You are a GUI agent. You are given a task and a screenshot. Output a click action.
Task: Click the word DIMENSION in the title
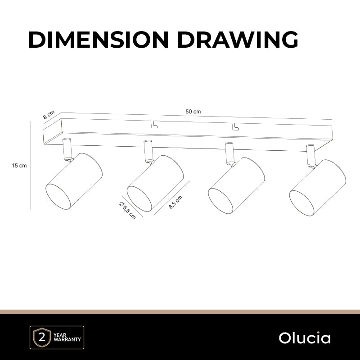tap(99, 40)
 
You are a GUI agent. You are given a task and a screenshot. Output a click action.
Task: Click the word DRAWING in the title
tap(238, 40)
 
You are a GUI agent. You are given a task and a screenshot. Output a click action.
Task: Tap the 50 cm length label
tap(193, 112)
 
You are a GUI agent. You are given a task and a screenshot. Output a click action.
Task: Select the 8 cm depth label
tap(49, 115)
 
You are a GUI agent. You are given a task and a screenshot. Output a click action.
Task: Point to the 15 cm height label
tap(19, 166)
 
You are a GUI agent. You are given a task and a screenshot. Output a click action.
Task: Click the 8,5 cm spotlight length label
tap(175, 202)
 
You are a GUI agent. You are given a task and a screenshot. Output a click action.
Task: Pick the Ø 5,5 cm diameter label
tap(127, 210)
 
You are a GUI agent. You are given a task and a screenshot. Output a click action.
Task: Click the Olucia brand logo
tap(305, 338)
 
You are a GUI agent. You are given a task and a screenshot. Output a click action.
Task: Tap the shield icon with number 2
tap(42, 337)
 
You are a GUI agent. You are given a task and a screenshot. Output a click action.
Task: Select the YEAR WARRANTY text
tap(67, 337)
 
